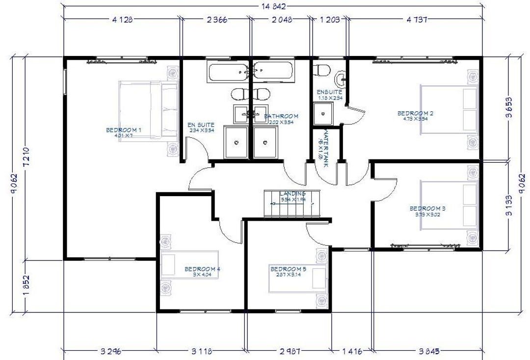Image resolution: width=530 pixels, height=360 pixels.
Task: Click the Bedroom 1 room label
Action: (124, 130)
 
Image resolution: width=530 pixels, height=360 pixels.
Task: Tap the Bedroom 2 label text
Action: (415, 113)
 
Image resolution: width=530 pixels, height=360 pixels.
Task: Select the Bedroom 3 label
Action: (427, 208)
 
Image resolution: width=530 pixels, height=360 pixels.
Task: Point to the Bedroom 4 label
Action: (202, 269)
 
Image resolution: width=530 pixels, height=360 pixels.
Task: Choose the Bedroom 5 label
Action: (288, 269)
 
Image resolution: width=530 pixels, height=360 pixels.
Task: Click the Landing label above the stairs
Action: (292, 194)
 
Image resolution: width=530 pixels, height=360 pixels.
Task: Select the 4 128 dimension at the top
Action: (122, 20)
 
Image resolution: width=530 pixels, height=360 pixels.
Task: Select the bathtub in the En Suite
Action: (229, 73)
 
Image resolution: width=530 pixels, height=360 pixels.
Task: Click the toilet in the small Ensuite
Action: (322, 70)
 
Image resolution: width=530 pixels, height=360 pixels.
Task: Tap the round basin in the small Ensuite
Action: (341, 78)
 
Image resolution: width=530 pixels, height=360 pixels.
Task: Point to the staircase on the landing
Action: (292, 204)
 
